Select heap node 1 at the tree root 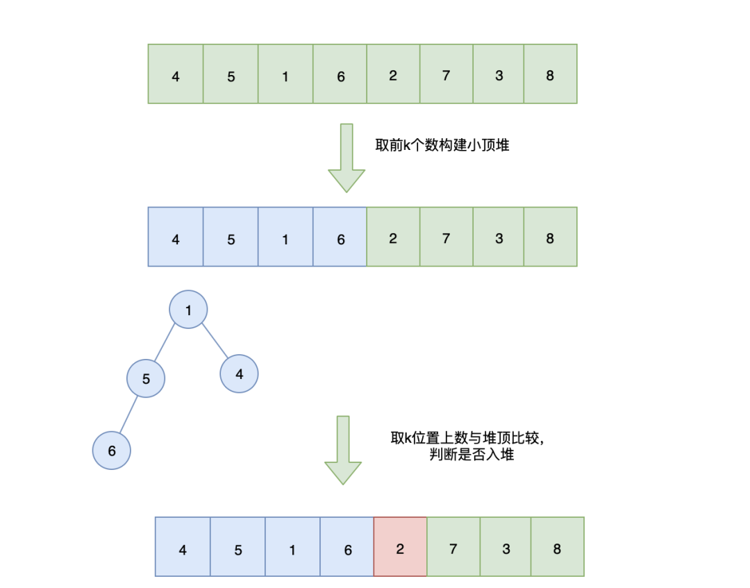coord(188,310)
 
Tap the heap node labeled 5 coord(146,378)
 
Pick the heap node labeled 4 coord(239,373)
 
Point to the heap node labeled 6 coord(112,451)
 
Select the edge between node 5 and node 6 coord(129,414)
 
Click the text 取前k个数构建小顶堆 coord(442,146)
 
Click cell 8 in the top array coord(550,74)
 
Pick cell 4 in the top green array coord(176,74)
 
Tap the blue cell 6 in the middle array coord(340,237)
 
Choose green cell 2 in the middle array coord(393,237)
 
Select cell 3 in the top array coord(499,74)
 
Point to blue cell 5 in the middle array coord(231,237)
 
